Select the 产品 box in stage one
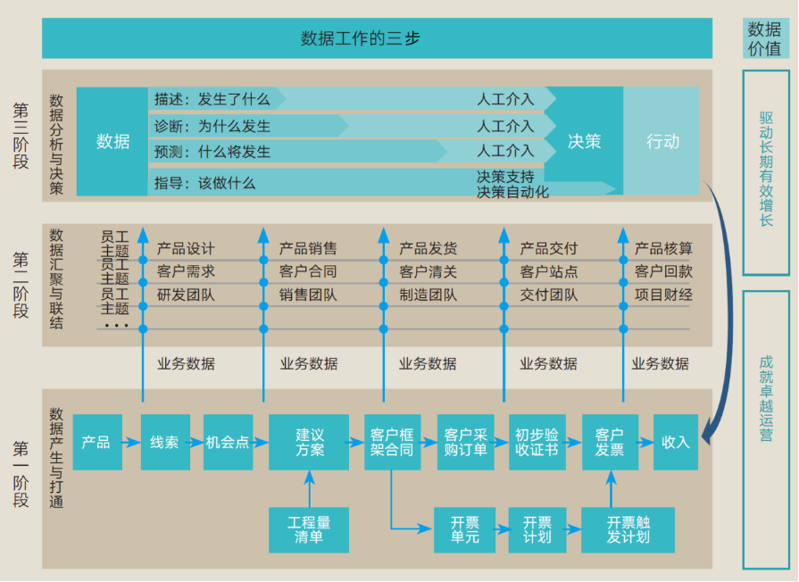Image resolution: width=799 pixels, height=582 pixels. point(96,442)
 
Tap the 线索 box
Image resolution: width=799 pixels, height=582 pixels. point(164,442)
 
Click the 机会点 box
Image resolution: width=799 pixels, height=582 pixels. point(228,442)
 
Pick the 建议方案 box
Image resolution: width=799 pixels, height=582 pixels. point(309,442)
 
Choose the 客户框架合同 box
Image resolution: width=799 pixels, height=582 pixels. point(392,442)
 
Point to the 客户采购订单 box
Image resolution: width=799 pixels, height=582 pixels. point(465,442)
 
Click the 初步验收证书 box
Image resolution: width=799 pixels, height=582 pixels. point(537,442)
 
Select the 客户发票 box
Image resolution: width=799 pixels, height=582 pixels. point(610,442)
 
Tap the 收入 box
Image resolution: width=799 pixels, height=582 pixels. point(676,442)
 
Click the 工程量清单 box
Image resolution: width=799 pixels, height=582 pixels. point(309,529)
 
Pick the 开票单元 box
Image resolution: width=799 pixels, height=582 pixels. point(464,529)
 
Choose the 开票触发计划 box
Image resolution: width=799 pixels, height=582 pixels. point(615,529)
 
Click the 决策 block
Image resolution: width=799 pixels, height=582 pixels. point(584,141)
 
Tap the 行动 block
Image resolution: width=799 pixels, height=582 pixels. point(662,141)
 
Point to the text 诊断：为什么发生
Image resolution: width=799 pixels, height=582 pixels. point(212,126)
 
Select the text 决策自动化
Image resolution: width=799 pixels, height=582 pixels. point(512,192)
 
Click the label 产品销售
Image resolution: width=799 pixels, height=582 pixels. point(308,249)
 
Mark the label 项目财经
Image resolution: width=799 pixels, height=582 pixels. point(663,295)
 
